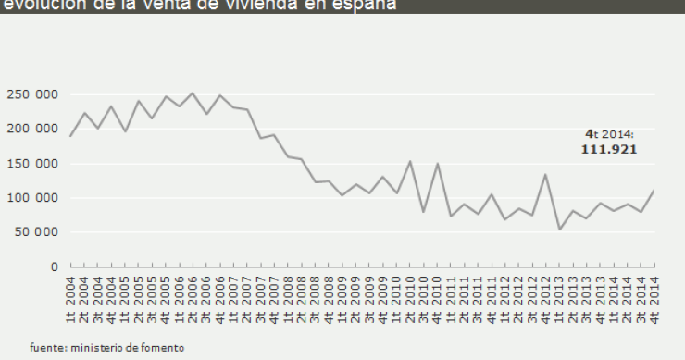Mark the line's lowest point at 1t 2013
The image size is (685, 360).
(x=560, y=229)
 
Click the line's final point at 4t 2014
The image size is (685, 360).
(x=655, y=190)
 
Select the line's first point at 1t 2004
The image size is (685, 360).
(x=70, y=136)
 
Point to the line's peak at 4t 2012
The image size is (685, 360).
(x=546, y=174)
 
